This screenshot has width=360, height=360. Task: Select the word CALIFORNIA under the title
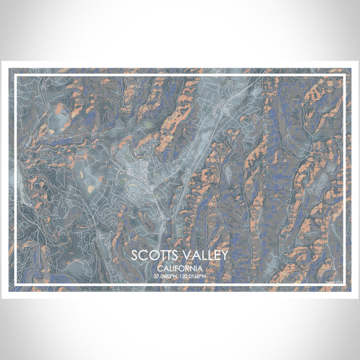179,268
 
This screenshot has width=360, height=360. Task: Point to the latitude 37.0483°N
165,277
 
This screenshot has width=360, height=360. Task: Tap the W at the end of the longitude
204,277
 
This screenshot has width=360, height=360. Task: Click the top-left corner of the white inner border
15,75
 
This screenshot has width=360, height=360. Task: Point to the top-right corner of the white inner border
344,75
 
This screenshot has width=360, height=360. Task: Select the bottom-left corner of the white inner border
15,286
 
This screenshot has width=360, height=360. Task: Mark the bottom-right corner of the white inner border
344,286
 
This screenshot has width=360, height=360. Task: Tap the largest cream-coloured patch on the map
91,189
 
